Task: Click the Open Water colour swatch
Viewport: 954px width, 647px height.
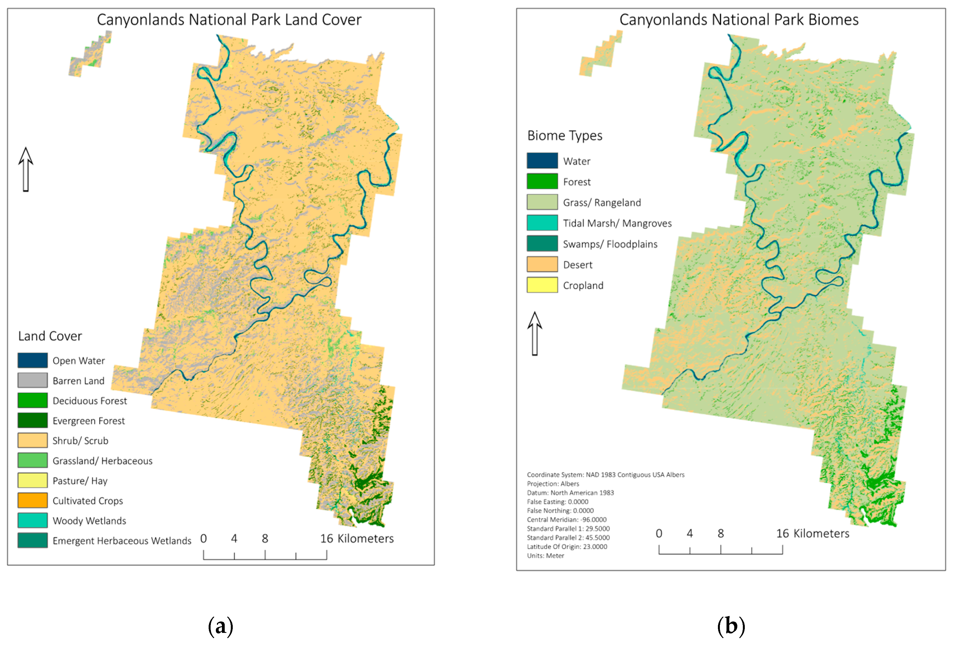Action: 32,360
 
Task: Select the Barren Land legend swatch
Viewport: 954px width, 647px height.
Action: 32,380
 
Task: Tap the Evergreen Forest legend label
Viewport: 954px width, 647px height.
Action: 88,421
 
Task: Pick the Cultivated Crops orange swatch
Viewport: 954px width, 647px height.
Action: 32,500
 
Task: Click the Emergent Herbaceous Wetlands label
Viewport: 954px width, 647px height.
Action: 122,541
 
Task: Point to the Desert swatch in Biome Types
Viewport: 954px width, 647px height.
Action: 542,264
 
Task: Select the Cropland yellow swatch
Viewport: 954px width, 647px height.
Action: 542,285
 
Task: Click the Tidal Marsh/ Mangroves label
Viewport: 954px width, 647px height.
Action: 617,223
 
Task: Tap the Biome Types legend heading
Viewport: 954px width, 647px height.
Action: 564,135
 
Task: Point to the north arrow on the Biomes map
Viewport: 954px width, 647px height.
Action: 534,333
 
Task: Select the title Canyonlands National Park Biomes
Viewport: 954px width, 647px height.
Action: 738,20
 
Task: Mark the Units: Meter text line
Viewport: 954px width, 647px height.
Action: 545,556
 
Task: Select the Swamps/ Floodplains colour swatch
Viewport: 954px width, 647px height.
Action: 542,244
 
